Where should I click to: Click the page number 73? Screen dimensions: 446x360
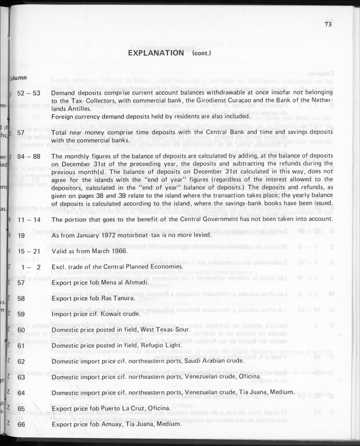coord(328,24)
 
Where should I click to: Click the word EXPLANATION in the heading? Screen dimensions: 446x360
coord(155,53)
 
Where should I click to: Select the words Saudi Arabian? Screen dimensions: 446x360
coord(194,361)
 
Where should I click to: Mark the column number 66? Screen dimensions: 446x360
coord(21,424)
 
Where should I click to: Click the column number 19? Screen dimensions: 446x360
coord(21,235)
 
